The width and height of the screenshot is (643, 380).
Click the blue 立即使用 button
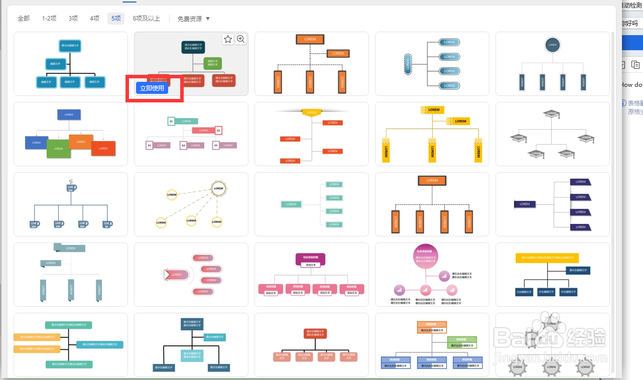(152, 88)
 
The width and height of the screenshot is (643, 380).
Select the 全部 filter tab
(24, 19)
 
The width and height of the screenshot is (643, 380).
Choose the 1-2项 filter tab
(49, 19)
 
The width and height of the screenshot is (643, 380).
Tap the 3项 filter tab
(73, 19)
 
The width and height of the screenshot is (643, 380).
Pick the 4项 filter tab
(95, 19)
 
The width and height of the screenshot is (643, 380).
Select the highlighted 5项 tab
(116, 19)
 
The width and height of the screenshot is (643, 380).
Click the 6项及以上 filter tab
(146, 19)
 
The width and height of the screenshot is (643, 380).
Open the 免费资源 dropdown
(194, 19)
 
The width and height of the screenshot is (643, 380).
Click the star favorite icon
(228, 39)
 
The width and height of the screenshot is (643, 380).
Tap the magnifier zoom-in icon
(241, 39)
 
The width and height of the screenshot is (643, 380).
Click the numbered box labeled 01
(171, 121)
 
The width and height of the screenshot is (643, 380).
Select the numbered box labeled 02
(218, 131)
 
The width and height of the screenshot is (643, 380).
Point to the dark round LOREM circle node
(552, 45)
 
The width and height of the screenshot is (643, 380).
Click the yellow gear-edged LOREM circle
(218, 189)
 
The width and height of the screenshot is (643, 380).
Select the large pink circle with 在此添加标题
(426, 256)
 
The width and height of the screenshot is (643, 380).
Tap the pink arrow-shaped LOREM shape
(176, 275)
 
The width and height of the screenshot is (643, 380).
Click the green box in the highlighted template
(213, 63)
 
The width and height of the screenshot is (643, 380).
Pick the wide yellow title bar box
(547, 258)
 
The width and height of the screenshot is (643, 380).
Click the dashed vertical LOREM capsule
(408, 64)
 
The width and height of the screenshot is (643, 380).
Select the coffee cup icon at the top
(70, 187)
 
